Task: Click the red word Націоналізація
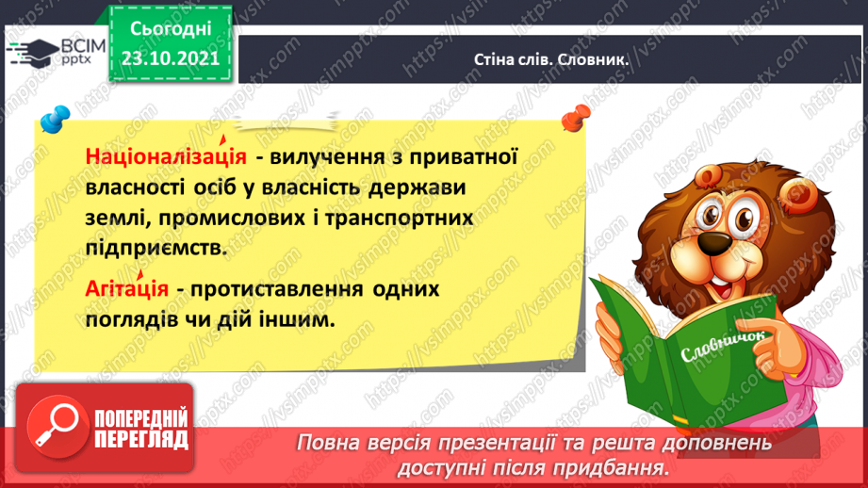(x=166, y=156)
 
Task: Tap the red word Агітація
(x=127, y=289)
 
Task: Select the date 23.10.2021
(x=171, y=58)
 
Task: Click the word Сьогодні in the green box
(x=171, y=29)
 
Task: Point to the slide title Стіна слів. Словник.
(x=550, y=59)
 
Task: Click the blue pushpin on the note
(x=56, y=119)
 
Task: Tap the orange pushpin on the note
(x=576, y=118)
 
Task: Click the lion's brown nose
(x=713, y=243)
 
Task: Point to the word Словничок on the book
(x=723, y=347)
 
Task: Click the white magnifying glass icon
(x=57, y=426)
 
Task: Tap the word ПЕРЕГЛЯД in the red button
(x=141, y=440)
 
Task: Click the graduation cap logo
(x=34, y=53)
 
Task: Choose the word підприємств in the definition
(x=156, y=249)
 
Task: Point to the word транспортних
(x=399, y=218)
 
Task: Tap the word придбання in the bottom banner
(x=610, y=468)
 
